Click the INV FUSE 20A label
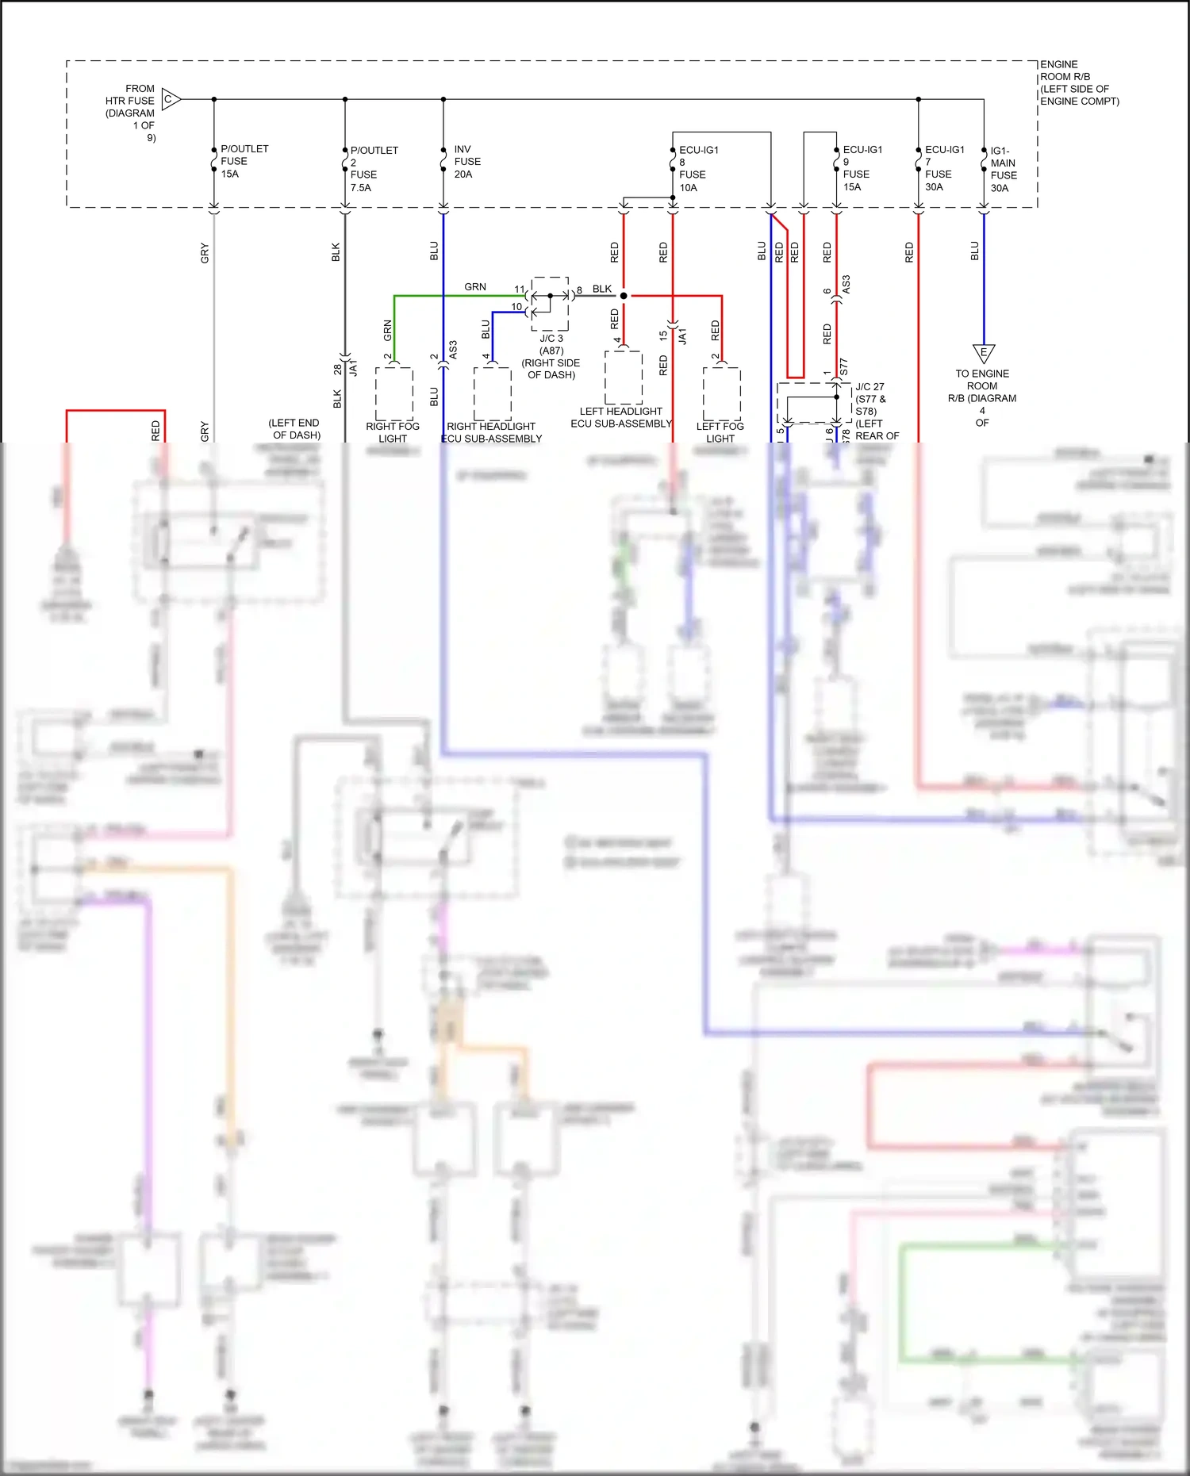(466, 162)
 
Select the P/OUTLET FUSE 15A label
(244, 161)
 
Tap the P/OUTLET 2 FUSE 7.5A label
(373, 169)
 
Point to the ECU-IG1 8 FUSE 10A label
(697, 169)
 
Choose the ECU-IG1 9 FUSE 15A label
(862, 168)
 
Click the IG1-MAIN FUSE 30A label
(1002, 169)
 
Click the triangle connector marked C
(171, 100)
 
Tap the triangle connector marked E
(984, 352)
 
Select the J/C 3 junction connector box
(550, 304)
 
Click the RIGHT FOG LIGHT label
(393, 432)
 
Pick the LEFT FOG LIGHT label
(720, 432)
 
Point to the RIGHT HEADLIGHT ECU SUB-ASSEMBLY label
(491, 432)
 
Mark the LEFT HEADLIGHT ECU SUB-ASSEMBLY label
(621, 417)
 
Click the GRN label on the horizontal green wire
(475, 287)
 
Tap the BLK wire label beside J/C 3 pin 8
(602, 289)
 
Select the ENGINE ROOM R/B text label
(1078, 82)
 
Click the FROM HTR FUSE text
(132, 113)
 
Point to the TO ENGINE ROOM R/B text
(982, 397)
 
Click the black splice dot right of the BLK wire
(624, 296)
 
